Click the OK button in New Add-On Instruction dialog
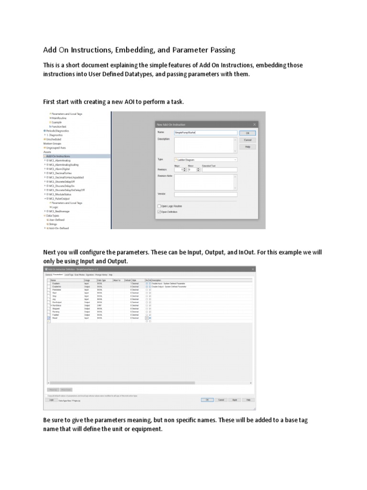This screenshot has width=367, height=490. click(248, 133)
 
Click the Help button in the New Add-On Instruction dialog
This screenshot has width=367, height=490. click(248, 146)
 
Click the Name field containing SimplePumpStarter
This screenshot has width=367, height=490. click(205, 133)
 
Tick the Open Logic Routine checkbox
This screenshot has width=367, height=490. click(160, 206)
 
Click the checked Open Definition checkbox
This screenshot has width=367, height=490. click(160, 212)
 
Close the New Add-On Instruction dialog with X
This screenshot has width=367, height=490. click(255, 124)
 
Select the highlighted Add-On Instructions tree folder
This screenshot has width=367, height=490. click(58, 156)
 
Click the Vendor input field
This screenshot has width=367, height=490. click(205, 194)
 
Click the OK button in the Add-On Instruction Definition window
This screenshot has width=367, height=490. click(207, 400)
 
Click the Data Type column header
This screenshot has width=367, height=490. click(102, 280)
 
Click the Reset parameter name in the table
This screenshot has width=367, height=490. click(55, 318)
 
